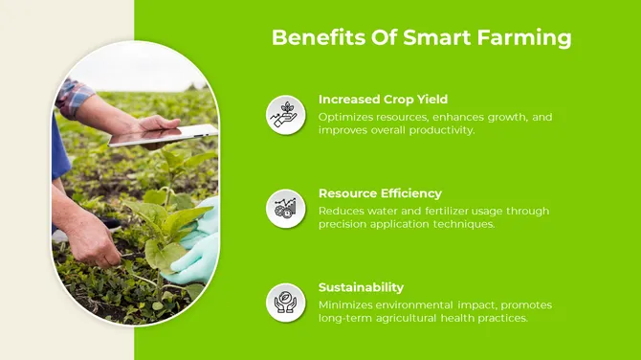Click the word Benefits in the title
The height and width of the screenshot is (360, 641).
(305, 38)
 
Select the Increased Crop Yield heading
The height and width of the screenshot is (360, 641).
(383, 100)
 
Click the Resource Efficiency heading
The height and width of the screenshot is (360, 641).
(380, 193)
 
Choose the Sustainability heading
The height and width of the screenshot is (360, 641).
(361, 287)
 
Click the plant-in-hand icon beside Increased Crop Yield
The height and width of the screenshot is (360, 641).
(285, 115)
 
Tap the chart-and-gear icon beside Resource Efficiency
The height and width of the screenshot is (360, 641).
(285, 209)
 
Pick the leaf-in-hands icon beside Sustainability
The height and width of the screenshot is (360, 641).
(285, 303)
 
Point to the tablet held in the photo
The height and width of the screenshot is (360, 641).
(163, 136)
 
